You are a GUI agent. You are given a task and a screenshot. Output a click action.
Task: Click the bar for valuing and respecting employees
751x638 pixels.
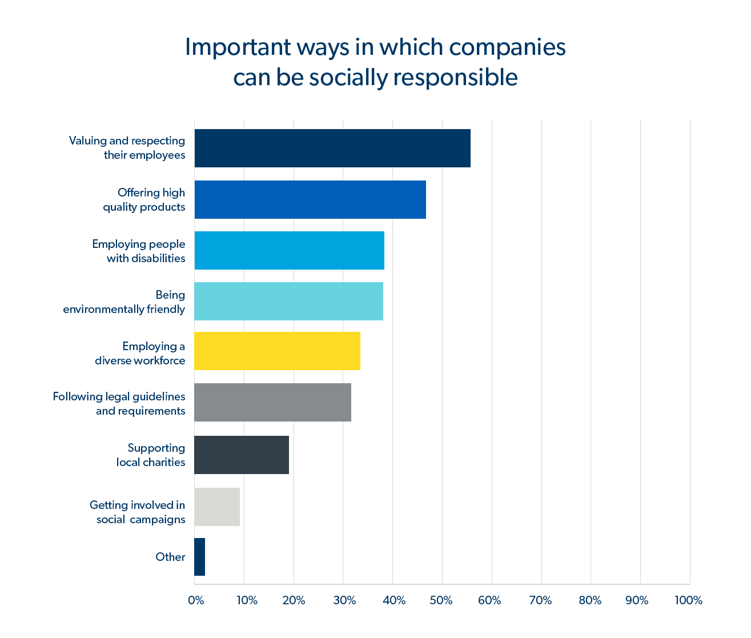click(x=332, y=149)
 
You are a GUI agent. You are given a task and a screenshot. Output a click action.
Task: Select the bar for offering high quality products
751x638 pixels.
click(x=310, y=200)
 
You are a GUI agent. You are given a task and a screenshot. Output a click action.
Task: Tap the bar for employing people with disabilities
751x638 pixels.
click(x=289, y=250)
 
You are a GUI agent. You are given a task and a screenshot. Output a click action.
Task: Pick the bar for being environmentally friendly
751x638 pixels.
click(x=288, y=301)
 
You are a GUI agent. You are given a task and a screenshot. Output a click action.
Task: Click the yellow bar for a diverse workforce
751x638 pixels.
click(x=277, y=351)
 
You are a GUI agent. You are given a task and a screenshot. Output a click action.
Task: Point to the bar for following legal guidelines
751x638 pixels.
click(x=272, y=403)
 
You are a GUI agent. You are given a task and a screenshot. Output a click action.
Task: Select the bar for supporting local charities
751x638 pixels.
click(x=242, y=455)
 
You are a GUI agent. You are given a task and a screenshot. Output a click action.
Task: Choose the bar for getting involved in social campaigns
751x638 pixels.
click(x=217, y=507)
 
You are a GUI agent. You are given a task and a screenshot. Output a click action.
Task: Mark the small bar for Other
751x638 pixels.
click(x=199, y=557)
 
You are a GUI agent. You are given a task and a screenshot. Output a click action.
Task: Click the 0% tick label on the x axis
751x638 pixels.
click(x=196, y=600)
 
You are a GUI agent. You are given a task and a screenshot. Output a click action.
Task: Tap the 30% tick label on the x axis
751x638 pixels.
click(x=344, y=600)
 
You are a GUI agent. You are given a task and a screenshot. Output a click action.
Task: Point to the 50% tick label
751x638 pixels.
click(x=441, y=600)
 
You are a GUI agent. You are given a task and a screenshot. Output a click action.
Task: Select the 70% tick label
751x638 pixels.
click(x=540, y=600)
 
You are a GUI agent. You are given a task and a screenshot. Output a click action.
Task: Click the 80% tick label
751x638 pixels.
click(x=590, y=600)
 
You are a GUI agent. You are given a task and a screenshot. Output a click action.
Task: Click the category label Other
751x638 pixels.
click(x=170, y=557)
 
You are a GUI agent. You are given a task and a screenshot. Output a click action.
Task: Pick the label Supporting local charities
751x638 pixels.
click(x=151, y=455)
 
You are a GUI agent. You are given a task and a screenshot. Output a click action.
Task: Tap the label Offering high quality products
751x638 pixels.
click(x=144, y=200)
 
